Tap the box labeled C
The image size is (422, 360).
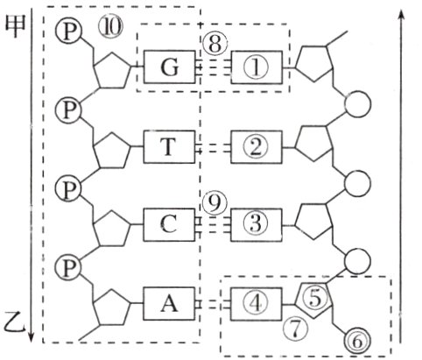171,224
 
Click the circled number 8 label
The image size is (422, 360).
212,41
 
